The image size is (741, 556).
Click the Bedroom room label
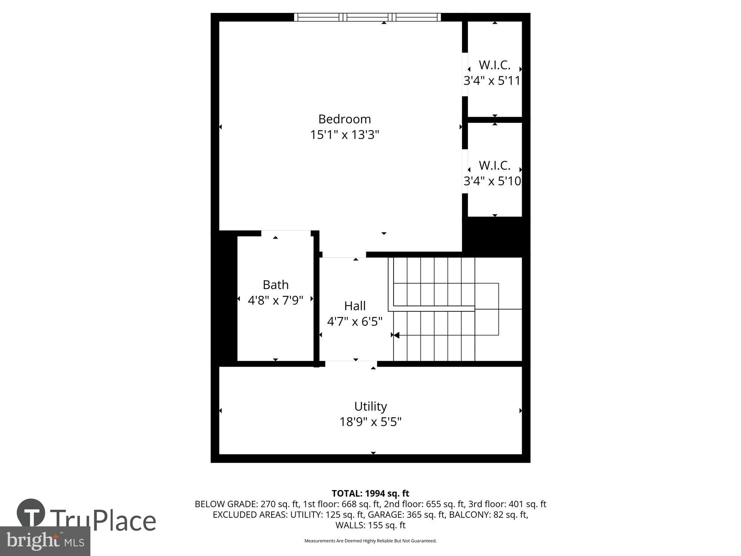(344, 119)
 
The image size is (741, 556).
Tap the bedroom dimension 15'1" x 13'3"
(344, 135)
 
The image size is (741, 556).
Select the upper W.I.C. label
(494, 65)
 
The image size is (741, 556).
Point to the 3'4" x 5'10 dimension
(492, 181)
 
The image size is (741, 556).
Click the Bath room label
(275, 285)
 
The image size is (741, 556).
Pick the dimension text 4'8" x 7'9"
(275, 300)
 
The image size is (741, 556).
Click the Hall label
(355, 306)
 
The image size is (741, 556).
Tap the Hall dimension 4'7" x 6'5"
(355, 321)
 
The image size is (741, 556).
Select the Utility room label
(370, 406)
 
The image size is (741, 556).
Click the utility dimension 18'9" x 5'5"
(370, 422)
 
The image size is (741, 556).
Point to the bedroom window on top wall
(367, 17)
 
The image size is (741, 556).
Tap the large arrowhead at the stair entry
(396, 335)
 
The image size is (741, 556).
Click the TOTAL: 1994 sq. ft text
(370, 493)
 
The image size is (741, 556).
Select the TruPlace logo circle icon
(31, 513)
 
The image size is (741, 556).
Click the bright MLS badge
(45, 541)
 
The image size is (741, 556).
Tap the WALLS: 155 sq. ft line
(370, 525)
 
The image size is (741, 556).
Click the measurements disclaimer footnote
(370, 541)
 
